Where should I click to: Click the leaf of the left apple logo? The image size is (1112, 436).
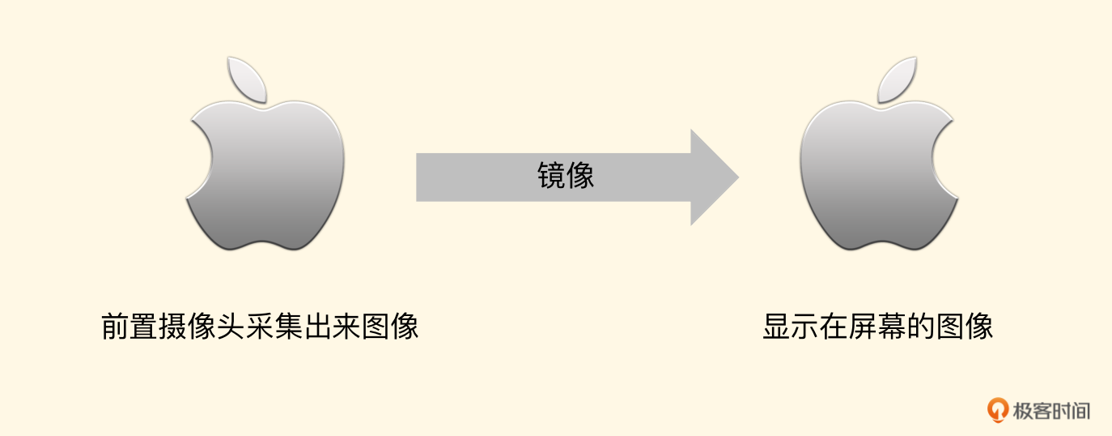247,79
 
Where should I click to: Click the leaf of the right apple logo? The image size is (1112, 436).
897,79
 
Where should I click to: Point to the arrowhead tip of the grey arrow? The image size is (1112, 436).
739,177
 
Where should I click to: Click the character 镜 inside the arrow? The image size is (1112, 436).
551,175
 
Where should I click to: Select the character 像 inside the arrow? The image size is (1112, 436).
579,175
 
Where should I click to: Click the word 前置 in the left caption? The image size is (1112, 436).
129,327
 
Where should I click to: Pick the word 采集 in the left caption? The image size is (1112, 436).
274,327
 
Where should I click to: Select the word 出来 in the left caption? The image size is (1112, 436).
332,327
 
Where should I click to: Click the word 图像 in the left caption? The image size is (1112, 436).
390,327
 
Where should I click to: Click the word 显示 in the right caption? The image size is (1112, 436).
791,327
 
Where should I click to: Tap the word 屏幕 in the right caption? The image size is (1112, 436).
877,327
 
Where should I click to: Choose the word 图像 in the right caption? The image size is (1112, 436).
965,327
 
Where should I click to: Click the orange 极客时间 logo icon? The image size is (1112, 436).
997,410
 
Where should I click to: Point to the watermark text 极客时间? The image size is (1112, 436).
1051,411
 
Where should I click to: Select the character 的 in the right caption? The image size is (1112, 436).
921,327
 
